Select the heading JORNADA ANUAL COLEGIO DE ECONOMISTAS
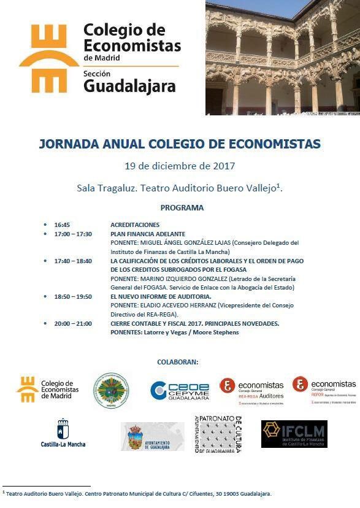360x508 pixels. coord(180,144)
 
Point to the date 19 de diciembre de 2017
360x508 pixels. coord(180,166)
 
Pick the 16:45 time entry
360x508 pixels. coord(62,225)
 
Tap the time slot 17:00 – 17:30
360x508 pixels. coord(73,234)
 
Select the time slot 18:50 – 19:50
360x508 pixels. coord(73,296)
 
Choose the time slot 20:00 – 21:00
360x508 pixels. coord(73,323)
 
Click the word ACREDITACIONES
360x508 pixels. coord(135,225)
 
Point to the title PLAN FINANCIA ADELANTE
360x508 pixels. coord(148,234)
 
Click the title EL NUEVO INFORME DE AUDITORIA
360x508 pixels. coord(161,296)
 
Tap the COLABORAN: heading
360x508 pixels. coord(177,362)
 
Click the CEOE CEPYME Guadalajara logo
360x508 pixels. coord(180,390)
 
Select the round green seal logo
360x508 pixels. coord(111,391)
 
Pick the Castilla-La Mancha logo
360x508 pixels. coord(63,433)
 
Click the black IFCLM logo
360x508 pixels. coord(294,434)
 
